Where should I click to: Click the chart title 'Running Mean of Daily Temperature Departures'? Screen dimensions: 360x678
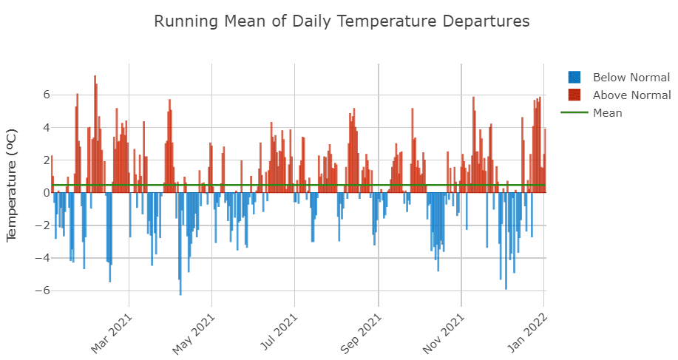click(x=342, y=21)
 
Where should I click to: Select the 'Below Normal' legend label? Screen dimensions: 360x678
click(x=631, y=78)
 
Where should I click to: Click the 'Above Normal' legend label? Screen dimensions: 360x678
click(x=631, y=95)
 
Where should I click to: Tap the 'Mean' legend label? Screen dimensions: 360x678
click(x=607, y=113)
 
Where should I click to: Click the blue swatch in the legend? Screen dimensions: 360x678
click(x=574, y=78)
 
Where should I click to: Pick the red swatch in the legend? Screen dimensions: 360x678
click(x=574, y=95)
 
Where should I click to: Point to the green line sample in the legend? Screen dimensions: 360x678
click(x=574, y=113)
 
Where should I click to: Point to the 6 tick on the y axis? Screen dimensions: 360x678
click(x=46, y=95)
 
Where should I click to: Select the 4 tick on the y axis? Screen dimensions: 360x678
click(x=46, y=128)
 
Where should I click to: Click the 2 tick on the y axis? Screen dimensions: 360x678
click(x=46, y=160)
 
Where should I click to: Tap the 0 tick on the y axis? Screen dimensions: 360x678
click(x=46, y=193)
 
